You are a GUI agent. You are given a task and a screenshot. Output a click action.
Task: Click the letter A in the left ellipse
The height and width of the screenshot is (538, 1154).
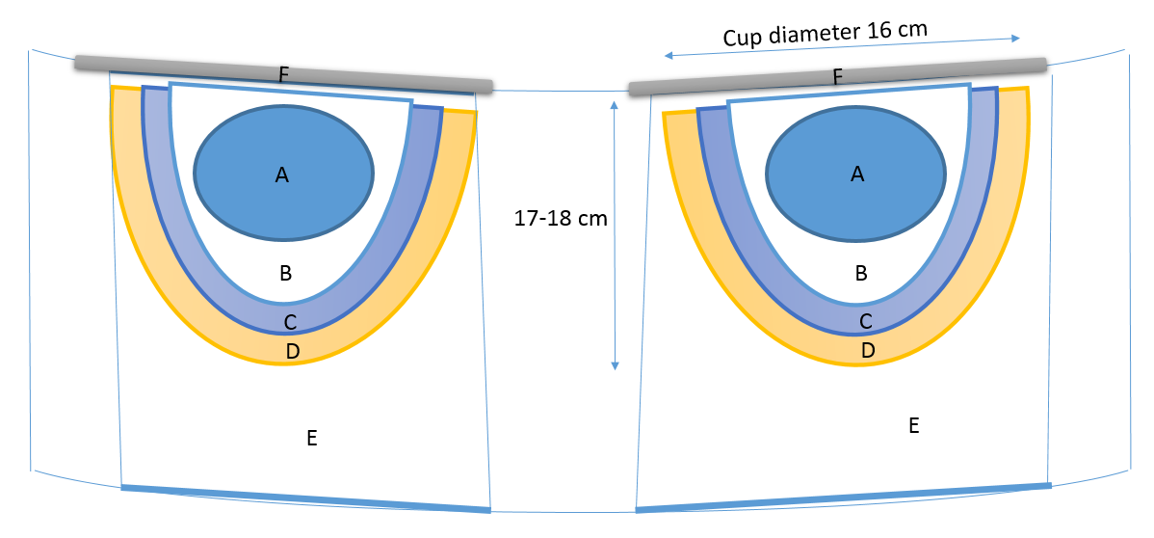coord(281,175)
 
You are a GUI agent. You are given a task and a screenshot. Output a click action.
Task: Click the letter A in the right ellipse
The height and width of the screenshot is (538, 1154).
coord(857,174)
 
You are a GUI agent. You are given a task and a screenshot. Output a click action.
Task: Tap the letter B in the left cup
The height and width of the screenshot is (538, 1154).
coord(285,274)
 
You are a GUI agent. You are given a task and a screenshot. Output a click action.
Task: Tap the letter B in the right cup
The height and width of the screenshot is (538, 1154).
coord(861,273)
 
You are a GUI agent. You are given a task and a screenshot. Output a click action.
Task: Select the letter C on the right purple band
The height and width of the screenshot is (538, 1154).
coord(865,321)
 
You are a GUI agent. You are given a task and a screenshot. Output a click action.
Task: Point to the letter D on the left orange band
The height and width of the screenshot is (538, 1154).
coord(293,352)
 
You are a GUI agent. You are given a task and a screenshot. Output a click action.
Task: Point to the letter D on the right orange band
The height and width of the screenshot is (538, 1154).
coord(867,351)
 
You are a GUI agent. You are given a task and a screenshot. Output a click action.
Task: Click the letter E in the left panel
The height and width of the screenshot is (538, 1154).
coord(311,439)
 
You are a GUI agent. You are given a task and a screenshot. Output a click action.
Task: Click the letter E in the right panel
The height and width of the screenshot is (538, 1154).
coord(915,424)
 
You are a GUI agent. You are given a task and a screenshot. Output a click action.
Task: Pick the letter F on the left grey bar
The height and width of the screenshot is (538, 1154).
coord(283,73)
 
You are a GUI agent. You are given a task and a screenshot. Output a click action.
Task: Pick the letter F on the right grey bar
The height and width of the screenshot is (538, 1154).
coord(837,76)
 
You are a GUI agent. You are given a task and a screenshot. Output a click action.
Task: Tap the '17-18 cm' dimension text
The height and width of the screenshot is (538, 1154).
coord(561,219)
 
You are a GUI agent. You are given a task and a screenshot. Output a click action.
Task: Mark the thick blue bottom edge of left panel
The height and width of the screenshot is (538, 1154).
coord(306,498)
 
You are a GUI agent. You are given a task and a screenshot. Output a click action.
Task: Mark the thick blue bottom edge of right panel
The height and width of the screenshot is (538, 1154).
coord(843,497)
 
